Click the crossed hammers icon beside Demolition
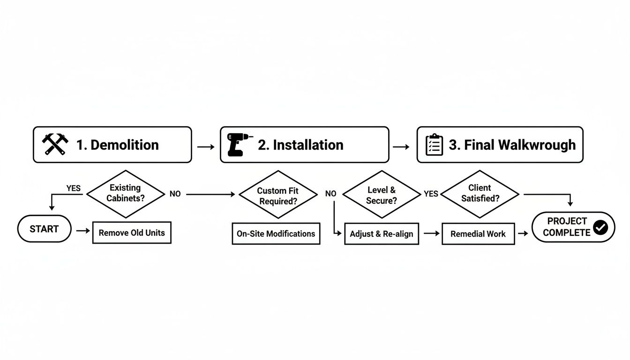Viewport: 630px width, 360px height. (55, 144)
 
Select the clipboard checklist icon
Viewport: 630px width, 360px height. (434, 145)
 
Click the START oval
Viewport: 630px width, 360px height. (44, 229)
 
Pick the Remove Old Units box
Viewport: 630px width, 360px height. (132, 232)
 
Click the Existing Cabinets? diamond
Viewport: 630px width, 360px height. (125, 193)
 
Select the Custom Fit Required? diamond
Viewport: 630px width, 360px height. (278, 195)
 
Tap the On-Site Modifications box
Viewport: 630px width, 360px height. (276, 233)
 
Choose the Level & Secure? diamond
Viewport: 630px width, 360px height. (382, 195)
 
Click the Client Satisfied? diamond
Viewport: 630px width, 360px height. (480, 194)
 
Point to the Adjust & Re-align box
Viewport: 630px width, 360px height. (381, 234)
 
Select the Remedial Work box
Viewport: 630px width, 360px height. (478, 234)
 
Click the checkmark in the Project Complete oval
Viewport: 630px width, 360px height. (600, 227)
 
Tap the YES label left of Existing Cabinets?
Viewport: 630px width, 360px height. (73, 188)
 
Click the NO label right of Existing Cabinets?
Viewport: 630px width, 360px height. (175, 194)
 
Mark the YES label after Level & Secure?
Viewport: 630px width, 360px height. (431, 194)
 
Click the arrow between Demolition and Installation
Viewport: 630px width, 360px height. (206, 147)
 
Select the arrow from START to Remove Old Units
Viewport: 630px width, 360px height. (82, 231)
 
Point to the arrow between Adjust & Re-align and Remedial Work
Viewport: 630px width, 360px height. (430, 233)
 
